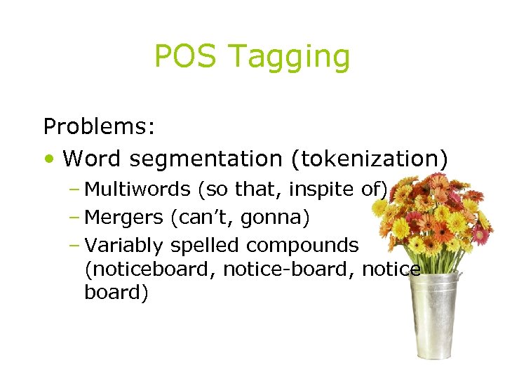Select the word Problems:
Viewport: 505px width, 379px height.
pyautogui.click(x=99, y=127)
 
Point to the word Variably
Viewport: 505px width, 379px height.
pyautogui.click(x=122, y=246)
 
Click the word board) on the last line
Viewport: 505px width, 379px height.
pyautogui.click(x=116, y=293)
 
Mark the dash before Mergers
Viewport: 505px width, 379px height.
pyautogui.click(x=75, y=218)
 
